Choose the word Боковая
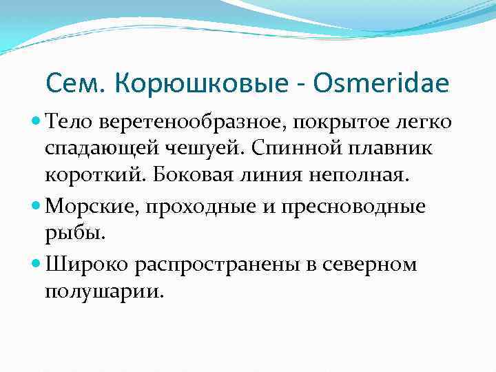[x=182, y=174]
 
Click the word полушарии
[x=104, y=291]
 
